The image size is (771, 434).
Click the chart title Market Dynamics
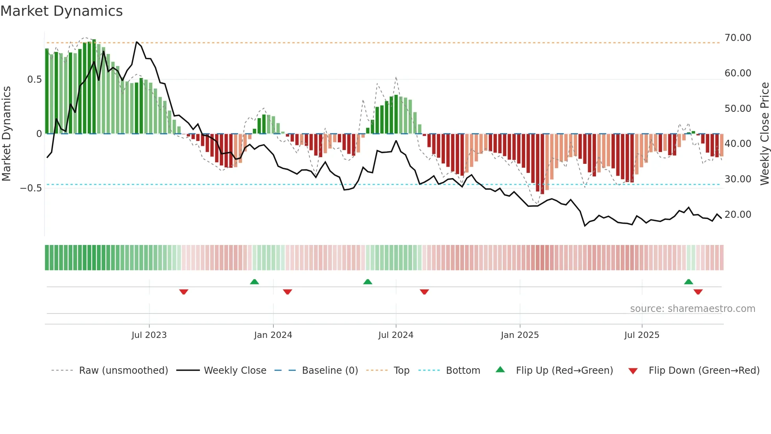click(61, 11)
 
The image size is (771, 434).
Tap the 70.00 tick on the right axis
click(738, 38)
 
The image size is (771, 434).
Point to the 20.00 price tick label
click(738, 215)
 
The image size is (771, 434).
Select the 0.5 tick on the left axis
click(34, 80)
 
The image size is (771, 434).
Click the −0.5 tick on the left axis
click(31, 188)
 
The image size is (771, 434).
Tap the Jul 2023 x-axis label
click(149, 335)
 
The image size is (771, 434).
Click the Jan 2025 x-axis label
click(520, 335)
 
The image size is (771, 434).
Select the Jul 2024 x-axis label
click(396, 335)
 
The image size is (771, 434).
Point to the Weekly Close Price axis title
click(764, 134)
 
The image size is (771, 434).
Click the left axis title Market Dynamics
click(6, 134)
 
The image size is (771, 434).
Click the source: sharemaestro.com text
click(692, 309)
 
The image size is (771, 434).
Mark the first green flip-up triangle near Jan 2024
click(255, 282)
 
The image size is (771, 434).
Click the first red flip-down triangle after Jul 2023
click(184, 292)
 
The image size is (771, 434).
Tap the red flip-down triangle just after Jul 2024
click(424, 292)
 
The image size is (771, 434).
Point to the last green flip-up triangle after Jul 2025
click(688, 282)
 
